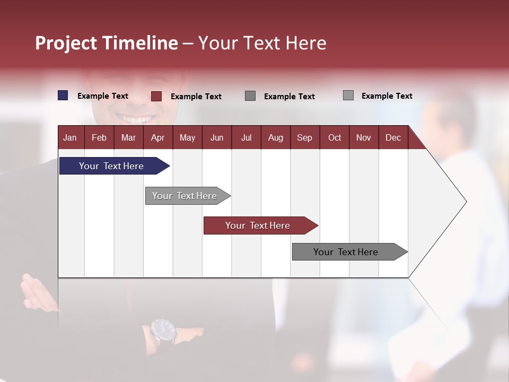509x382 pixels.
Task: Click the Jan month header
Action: (x=71, y=137)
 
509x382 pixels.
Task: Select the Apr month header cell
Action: (x=158, y=137)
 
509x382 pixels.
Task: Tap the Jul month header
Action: (x=246, y=137)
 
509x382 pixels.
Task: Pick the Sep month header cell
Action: (x=305, y=137)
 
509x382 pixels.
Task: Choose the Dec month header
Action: (x=393, y=137)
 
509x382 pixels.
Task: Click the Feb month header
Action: (x=99, y=137)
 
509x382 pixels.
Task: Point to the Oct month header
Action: (x=335, y=137)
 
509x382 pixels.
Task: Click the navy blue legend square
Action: (x=63, y=95)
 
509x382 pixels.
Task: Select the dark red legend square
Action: (x=156, y=96)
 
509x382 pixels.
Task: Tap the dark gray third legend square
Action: (x=250, y=96)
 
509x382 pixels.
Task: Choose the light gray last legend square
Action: (x=348, y=95)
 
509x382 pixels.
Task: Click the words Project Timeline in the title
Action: (x=107, y=43)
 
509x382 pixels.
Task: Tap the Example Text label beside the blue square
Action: (x=103, y=96)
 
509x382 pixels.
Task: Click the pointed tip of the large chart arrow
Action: (x=466, y=202)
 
